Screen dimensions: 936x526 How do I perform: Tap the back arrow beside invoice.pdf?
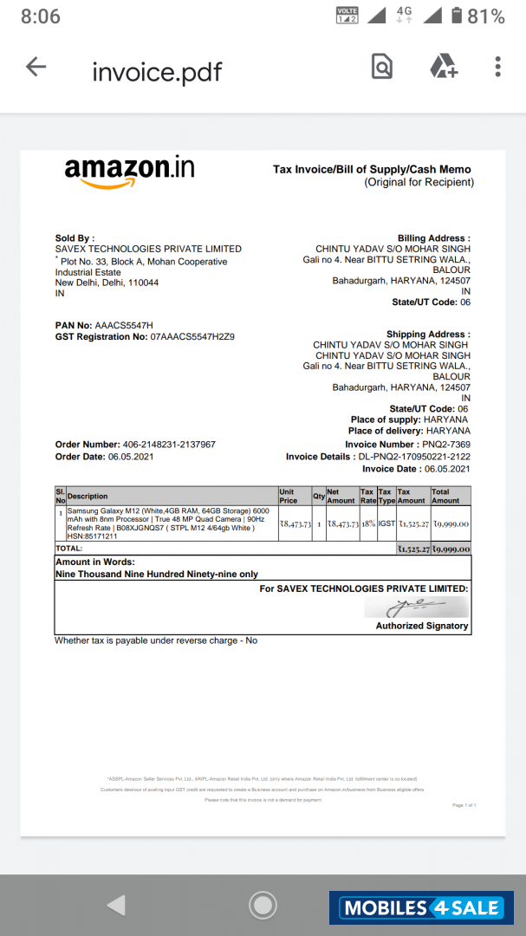tap(36, 67)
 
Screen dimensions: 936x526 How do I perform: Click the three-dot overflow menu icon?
tap(497, 67)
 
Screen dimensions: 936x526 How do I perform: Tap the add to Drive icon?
tap(444, 67)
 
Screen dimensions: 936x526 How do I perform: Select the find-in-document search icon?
tap(381, 67)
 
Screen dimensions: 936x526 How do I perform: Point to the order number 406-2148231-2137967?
tap(163, 445)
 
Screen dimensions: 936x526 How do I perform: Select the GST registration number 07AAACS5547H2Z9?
tap(192, 336)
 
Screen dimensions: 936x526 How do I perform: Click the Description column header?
tap(88, 497)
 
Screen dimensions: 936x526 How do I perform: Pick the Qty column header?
tap(318, 497)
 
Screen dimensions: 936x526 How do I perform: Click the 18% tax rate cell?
tap(367, 523)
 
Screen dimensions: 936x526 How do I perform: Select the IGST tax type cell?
tap(386, 523)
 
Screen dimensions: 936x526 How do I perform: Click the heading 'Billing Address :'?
tap(433, 238)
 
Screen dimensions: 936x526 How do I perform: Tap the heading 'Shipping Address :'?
tap(428, 335)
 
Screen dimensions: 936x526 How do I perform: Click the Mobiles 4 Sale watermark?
tap(422, 908)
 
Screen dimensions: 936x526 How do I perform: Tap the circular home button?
tap(263, 906)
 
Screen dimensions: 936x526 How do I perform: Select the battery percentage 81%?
tap(486, 16)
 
